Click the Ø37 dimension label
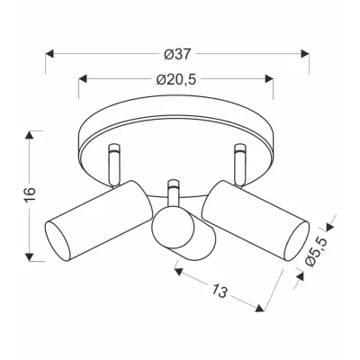click(176, 43)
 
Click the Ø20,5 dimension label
click(176, 80)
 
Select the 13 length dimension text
click(219, 290)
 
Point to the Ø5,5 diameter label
click(317, 249)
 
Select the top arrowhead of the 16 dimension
click(32, 135)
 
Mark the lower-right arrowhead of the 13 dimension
click(263, 312)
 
